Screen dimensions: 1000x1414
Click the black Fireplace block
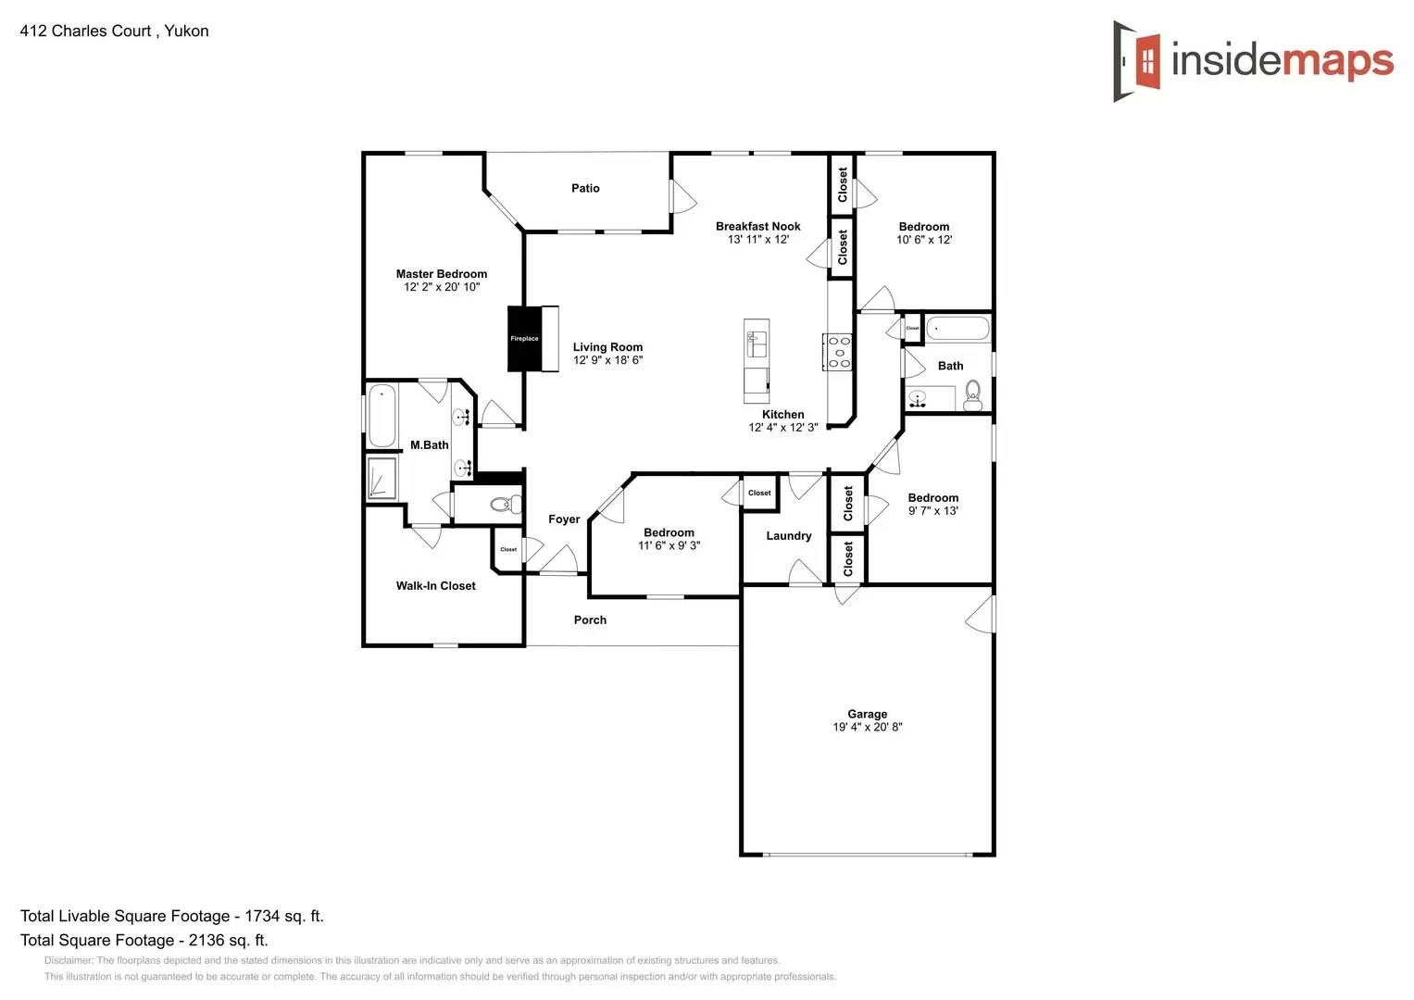524,339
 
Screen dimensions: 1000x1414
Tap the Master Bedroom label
442,274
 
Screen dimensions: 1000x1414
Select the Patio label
585,188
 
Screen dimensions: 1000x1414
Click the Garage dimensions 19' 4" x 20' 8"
868,728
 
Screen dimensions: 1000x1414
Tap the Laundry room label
789,536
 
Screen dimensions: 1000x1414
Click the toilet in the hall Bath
972,397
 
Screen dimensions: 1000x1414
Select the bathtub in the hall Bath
957,329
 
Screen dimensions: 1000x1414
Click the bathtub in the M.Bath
382,416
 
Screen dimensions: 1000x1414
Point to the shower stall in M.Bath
382,479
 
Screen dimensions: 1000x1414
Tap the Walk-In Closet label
436,586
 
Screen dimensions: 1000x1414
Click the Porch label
590,620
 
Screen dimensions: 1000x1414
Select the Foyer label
564,519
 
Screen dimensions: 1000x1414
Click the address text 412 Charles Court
85,31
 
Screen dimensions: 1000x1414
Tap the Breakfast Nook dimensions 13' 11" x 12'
758,240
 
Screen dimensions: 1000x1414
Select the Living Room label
607,347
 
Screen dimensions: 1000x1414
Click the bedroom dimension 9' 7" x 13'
933,511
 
